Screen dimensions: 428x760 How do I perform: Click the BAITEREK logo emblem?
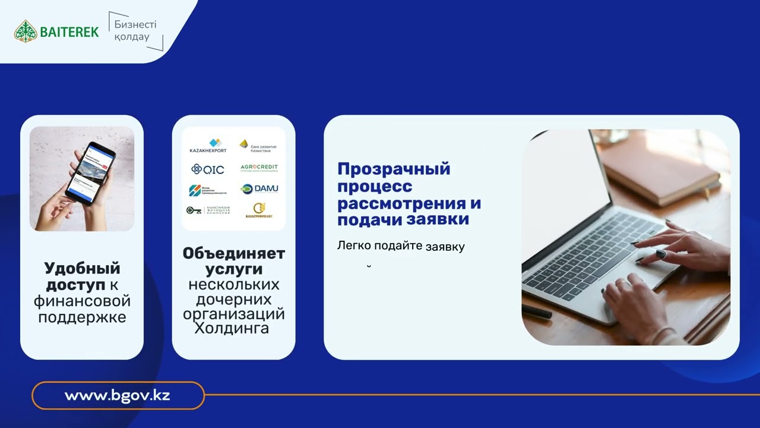pos(26,31)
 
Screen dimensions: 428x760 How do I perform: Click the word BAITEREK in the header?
pos(69,32)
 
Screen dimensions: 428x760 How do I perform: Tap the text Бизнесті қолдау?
pos(131,32)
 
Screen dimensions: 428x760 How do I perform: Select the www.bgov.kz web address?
pos(118,395)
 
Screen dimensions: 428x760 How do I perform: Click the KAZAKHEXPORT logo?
pos(208,146)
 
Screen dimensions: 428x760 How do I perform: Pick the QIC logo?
pos(208,169)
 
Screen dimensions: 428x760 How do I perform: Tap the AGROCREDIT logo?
pos(259,168)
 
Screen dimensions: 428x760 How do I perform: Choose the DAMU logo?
pos(259,189)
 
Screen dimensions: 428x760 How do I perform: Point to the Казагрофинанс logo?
pos(259,210)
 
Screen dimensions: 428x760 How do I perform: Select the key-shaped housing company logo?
pos(207,210)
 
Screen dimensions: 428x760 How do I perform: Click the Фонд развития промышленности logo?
pos(207,190)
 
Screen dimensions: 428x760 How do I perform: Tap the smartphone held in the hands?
pos(90,172)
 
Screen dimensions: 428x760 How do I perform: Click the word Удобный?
pos(82,268)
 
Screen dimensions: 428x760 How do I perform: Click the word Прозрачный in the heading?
pos(394,169)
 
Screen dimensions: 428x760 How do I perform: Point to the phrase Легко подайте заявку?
pos(401,246)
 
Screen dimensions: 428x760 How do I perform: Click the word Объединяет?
pos(234,253)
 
